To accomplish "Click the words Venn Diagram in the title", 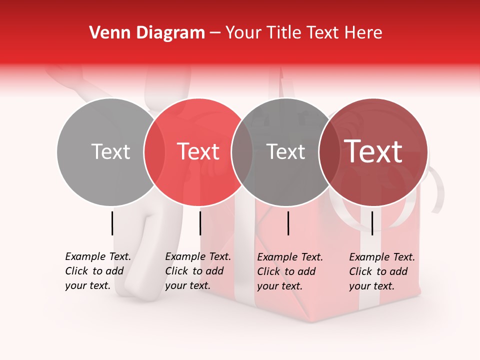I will tap(147, 33).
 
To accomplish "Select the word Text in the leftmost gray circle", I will tap(110, 152).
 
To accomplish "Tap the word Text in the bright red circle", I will tap(198, 152).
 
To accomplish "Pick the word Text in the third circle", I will tap(285, 152).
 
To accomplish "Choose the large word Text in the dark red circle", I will tap(373, 152).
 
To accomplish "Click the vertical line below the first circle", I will tap(112, 223).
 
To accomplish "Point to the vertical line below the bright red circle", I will tap(200, 223).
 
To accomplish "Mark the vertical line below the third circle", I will tap(288, 223).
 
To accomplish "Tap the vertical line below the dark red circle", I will tap(372, 223).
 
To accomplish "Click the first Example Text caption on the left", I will tap(97, 271).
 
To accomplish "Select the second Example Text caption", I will tap(197, 271).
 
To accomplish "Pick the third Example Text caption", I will tap(289, 271).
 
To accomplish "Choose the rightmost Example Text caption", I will tap(381, 271).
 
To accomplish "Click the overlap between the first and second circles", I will tap(154, 152).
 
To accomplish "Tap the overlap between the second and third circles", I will tap(242, 152).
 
